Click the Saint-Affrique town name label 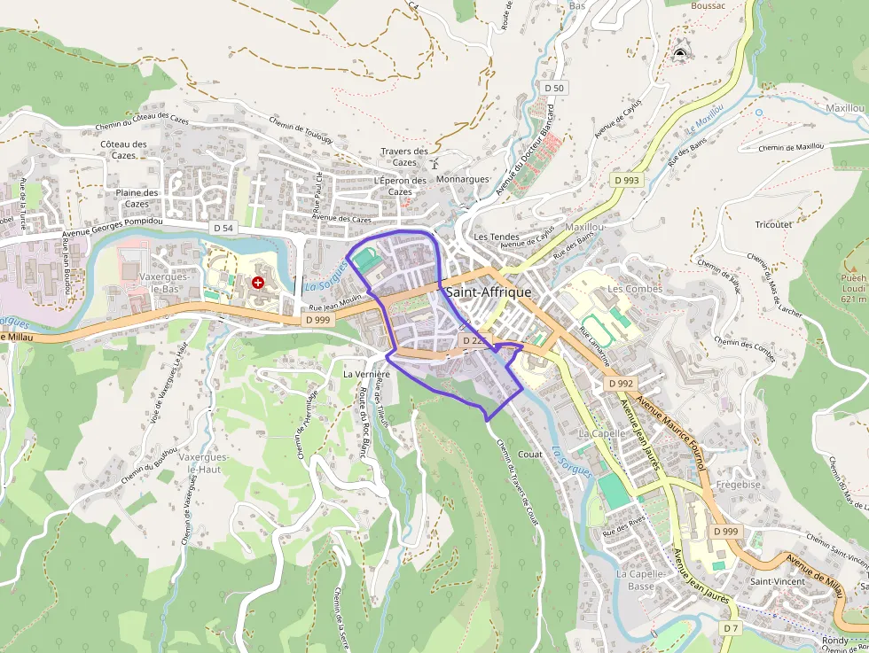point(489,292)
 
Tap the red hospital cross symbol point(258,283)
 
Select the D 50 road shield point(555,88)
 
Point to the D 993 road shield point(626,180)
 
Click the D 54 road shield point(223,228)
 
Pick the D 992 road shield point(622,384)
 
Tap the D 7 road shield point(730,627)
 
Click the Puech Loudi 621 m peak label point(853,287)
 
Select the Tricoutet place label point(773,224)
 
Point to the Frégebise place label point(739,485)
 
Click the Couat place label point(530,454)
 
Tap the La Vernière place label point(366,374)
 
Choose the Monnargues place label point(463,178)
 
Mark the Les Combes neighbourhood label point(635,289)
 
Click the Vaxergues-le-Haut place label point(203,463)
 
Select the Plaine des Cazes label point(137,198)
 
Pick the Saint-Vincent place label point(778,581)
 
